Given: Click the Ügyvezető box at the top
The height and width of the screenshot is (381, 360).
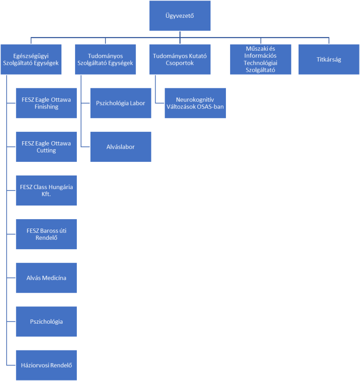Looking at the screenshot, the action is click(180, 16).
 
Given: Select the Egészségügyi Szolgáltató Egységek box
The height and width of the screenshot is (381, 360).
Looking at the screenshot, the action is click(31, 59).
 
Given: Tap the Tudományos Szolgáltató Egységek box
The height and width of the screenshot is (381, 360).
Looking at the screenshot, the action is click(105, 59).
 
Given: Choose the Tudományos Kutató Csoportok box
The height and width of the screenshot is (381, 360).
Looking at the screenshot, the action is click(180, 59).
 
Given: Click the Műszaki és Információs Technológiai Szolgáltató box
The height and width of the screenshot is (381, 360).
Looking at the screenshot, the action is click(261, 59).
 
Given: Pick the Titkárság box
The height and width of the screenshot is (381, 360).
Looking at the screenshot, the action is click(329, 59).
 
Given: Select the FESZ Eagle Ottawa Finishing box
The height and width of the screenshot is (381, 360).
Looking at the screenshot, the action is click(46, 103).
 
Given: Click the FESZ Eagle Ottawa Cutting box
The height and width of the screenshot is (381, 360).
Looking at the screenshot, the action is click(46, 147).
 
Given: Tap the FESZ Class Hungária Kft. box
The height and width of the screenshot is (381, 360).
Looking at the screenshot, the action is click(46, 190).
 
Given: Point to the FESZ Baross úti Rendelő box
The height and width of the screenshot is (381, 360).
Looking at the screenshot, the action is click(46, 234).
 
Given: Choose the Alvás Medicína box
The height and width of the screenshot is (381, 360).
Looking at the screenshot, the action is click(46, 278).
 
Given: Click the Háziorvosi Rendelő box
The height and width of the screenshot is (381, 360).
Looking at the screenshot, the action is click(46, 365).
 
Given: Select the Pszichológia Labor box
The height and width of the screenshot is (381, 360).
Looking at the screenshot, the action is click(121, 103).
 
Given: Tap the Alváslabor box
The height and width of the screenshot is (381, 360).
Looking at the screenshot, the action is click(121, 147).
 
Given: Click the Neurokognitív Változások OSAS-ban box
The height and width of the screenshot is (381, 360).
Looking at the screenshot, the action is click(195, 103).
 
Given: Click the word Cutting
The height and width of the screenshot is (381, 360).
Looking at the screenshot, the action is click(46, 151).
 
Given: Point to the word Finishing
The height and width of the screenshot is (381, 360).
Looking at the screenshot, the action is click(46, 107).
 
